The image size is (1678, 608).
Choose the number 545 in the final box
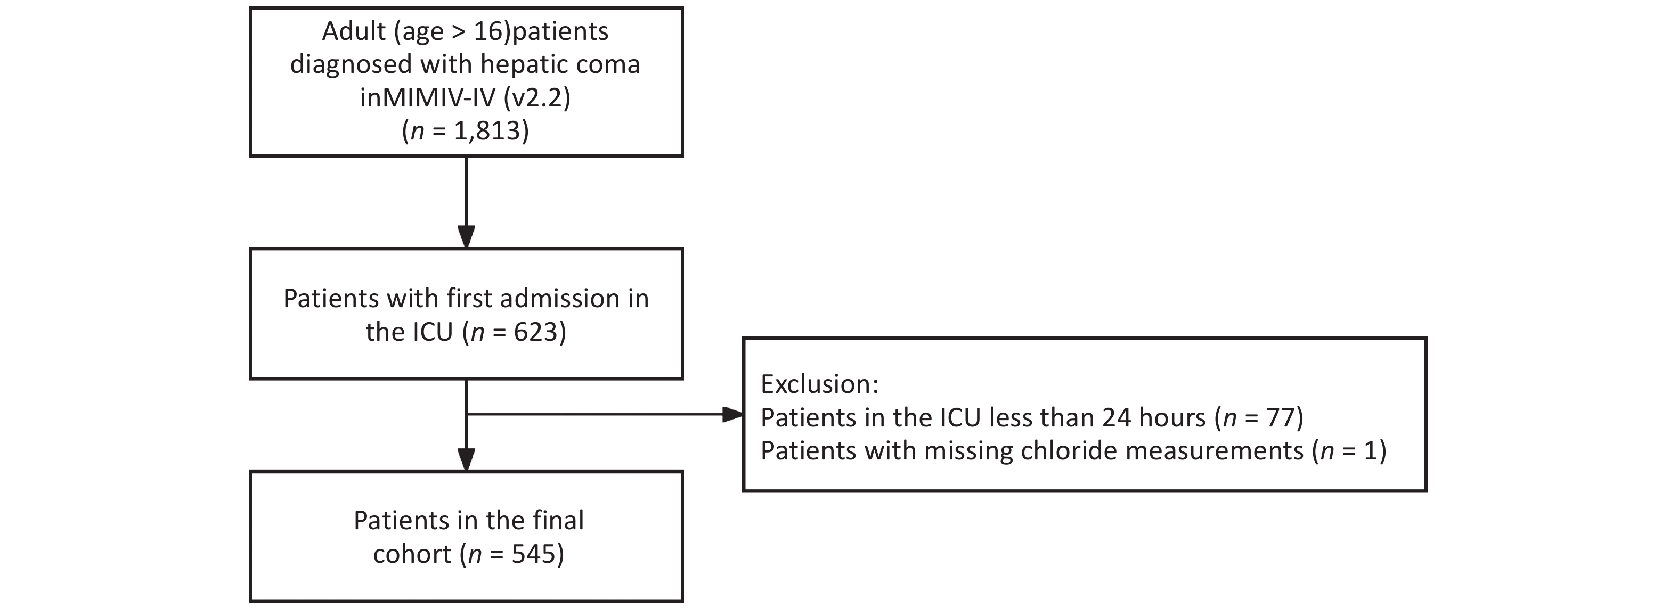[533, 554]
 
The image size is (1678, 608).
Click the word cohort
[412, 555]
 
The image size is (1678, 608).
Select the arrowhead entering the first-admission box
[467, 236]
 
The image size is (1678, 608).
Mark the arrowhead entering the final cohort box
[467, 459]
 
